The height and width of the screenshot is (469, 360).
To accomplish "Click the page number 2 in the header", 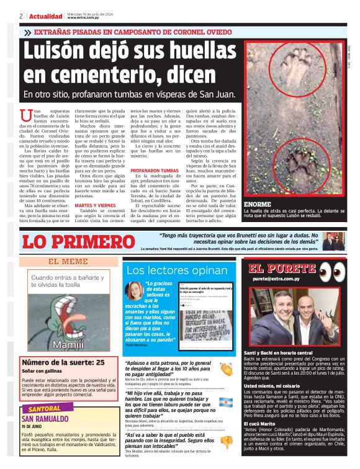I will coord(21,16).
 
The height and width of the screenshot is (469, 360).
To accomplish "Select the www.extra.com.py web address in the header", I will coord(80,18).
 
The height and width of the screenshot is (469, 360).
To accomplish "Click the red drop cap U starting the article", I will coord(27,115).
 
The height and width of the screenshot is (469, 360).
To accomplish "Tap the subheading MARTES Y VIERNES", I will coord(94,205).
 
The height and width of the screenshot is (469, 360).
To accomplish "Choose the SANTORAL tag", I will coord(44,409).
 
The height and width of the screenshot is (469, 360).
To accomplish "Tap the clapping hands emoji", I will coord(226,367).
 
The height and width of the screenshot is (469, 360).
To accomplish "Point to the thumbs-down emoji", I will coord(227,442).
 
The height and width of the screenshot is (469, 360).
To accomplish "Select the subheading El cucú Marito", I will coord(263,423).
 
